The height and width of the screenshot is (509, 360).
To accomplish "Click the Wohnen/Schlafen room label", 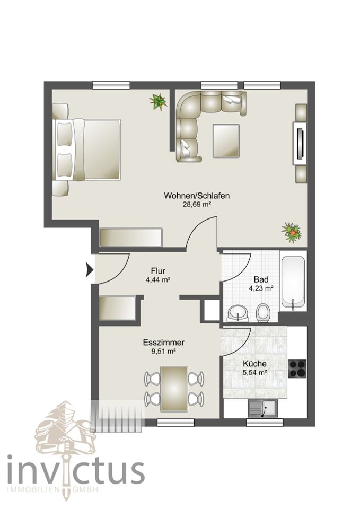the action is click(x=197, y=196).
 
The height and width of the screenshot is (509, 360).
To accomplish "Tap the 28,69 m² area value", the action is click(x=197, y=205).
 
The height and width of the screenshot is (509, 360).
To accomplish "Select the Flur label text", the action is click(x=158, y=271).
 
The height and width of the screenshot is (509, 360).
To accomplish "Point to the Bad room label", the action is click(x=261, y=279).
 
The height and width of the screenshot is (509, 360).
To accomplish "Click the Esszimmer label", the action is click(x=164, y=342).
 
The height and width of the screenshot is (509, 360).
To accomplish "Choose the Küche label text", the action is click(x=255, y=364).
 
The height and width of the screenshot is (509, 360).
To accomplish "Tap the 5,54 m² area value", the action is click(x=255, y=373).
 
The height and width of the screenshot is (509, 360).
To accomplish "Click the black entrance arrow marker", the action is click(x=90, y=270).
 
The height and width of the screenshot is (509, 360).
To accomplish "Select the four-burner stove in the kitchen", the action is click(x=297, y=368).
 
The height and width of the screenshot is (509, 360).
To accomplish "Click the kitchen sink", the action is click(x=262, y=408).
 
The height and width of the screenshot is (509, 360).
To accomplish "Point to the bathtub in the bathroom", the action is click(x=293, y=282).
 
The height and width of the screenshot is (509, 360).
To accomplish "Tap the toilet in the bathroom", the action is click(x=262, y=313).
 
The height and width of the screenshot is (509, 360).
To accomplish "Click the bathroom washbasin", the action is click(x=238, y=313).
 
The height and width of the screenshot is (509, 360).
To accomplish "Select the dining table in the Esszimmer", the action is click(x=174, y=388).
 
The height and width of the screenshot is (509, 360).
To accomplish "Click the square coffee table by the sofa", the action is click(x=226, y=141).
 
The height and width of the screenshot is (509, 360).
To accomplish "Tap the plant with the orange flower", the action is click(x=292, y=232).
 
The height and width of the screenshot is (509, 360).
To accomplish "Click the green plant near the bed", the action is click(x=159, y=102).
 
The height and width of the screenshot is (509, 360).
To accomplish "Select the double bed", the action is click(x=87, y=150).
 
